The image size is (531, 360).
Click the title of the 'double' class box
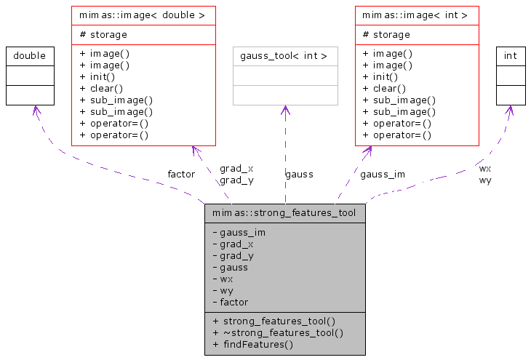click(x=30, y=55)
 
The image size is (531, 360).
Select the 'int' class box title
click(x=510, y=55)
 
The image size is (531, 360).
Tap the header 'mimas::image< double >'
click(x=143, y=15)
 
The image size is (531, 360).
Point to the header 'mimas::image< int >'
click(x=417, y=15)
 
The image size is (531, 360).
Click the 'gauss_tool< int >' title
click(x=284, y=55)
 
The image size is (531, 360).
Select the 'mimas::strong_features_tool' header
click(x=284, y=213)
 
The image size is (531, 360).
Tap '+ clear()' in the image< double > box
click(x=100, y=88)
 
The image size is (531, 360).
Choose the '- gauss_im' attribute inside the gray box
click(x=239, y=232)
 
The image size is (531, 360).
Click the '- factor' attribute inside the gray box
click(x=230, y=302)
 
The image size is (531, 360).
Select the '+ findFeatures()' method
click(x=252, y=344)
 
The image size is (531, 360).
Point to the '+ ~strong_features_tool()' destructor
click(x=277, y=332)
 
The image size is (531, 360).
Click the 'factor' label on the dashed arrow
click(x=181, y=174)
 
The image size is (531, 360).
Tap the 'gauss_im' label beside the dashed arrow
click(x=383, y=174)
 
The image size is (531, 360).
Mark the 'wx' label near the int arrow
click(x=484, y=168)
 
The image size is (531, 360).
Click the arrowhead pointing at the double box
click(x=33, y=110)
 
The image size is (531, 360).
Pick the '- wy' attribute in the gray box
click(x=223, y=290)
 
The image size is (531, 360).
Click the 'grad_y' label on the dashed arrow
click(x=236, y=180)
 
